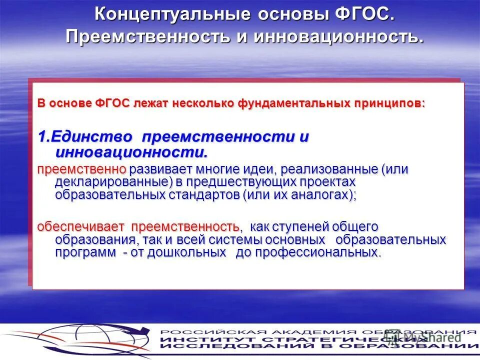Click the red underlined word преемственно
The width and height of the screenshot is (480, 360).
(x=81, y=169)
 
